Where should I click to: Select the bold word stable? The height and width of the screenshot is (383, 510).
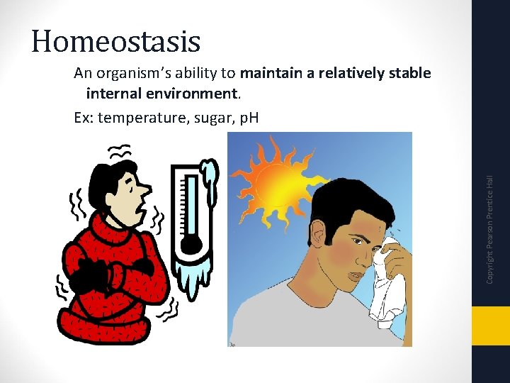[x=409, y=74]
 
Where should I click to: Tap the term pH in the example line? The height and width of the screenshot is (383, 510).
[x=249, y=117]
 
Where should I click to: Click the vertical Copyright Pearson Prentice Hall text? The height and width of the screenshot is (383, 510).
[x=489, y=231]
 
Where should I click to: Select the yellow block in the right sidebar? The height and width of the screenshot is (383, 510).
[x=490, y=326]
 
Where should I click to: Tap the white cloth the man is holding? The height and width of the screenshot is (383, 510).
[x=386, y=284]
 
